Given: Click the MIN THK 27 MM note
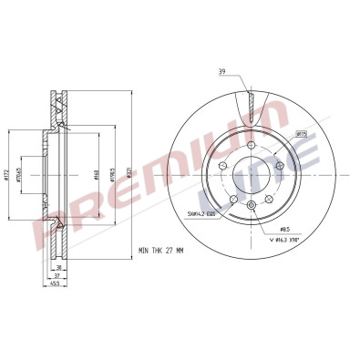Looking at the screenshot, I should [x=161, y=249].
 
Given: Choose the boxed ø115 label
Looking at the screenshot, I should [x=300, y=133].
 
